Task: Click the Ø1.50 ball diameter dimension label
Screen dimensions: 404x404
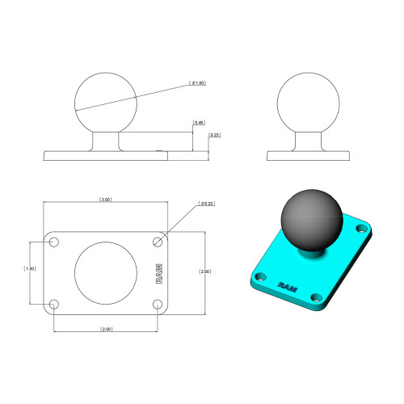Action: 196,82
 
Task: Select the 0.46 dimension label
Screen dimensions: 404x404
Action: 199,122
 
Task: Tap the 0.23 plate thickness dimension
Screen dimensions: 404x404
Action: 214,135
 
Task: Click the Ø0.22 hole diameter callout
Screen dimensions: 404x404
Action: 206,204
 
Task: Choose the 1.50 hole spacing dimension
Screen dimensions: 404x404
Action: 31,269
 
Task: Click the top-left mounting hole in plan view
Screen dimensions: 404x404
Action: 55,242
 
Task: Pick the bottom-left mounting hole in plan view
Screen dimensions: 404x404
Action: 55,305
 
